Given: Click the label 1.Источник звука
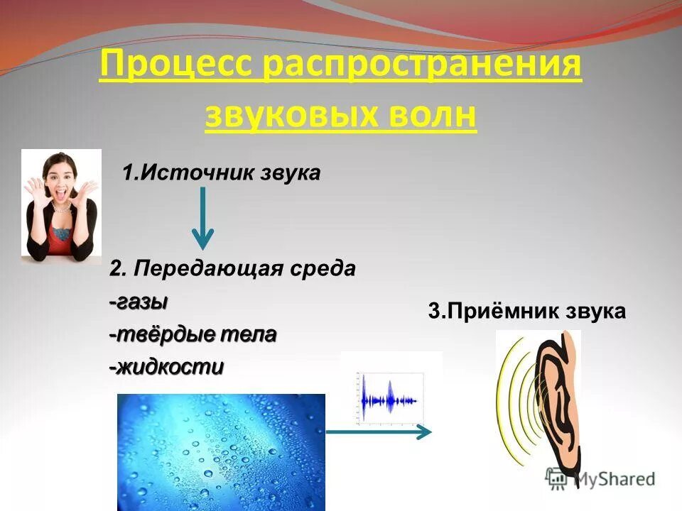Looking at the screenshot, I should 222,173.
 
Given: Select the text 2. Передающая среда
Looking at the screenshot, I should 232,269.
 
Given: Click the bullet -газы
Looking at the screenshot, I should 139,302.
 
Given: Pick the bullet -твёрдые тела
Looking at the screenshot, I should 193,334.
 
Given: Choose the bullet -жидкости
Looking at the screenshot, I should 166,367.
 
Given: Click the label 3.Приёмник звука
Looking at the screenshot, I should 527,312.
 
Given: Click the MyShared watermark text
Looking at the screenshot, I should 614,479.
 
